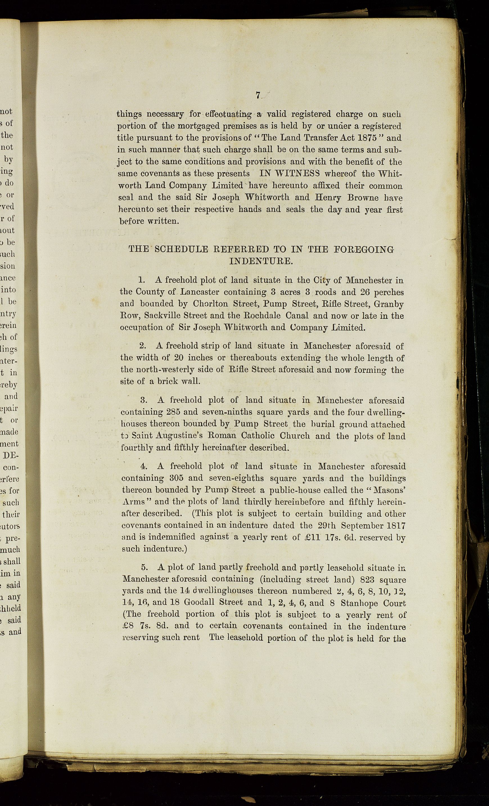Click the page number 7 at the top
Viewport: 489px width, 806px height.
tap(258, 95)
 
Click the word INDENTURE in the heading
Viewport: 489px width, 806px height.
tap(260, 261)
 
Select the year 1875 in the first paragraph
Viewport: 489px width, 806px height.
tap(367, 138)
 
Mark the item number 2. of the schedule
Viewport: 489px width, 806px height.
tap(143, 346)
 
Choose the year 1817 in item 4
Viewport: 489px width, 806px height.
tap(396, 526)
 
